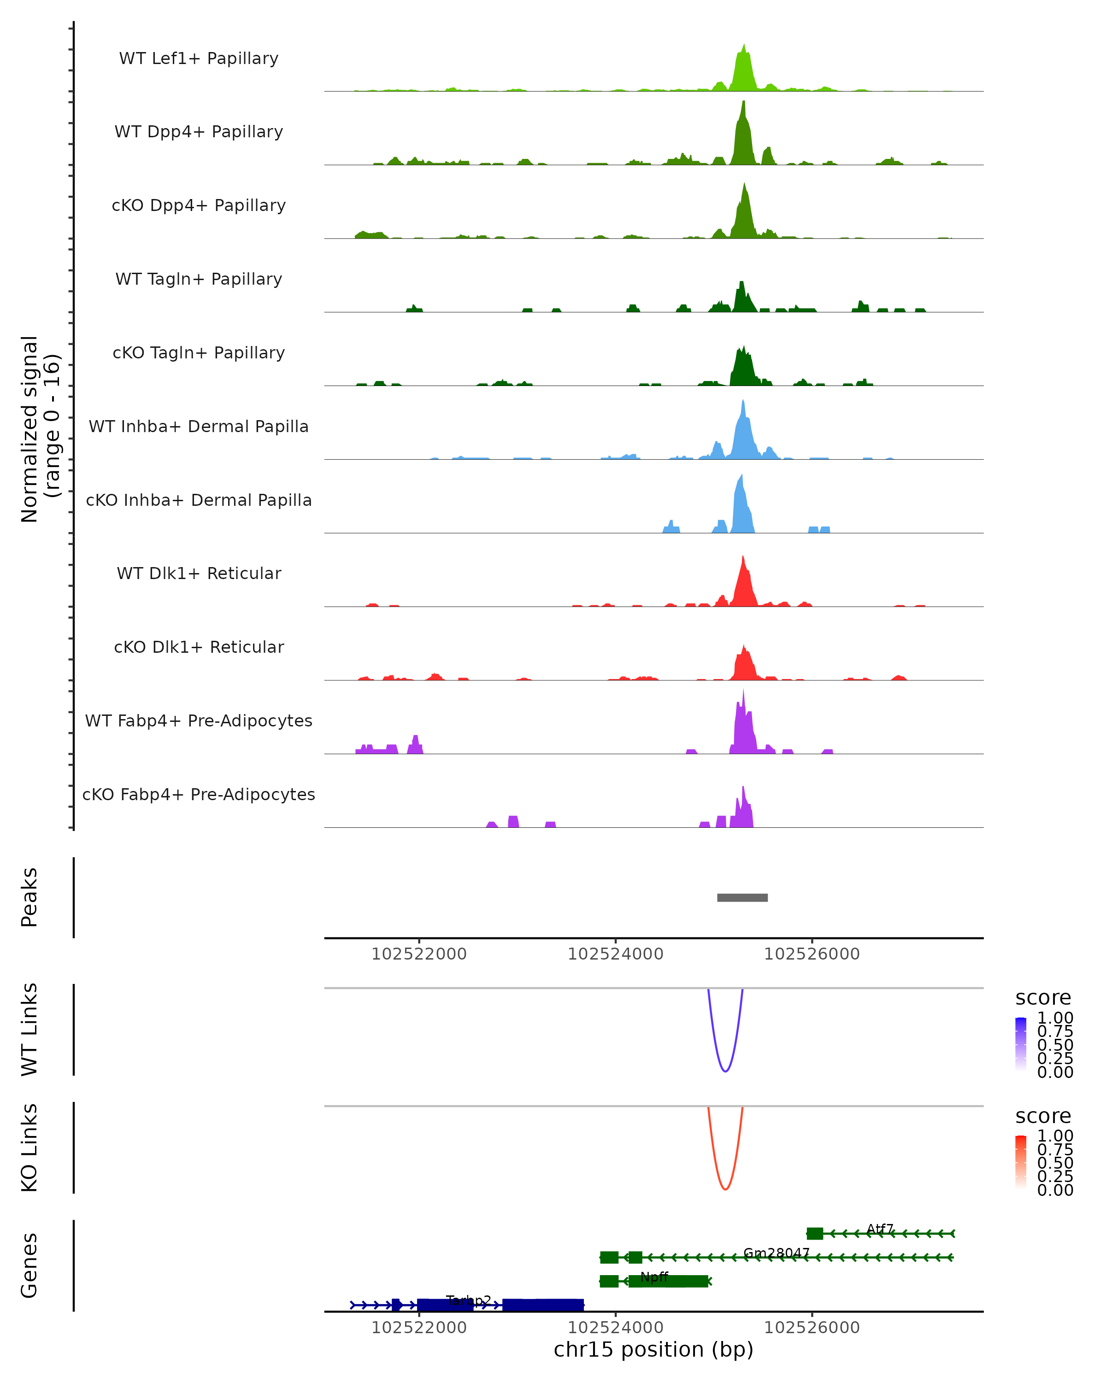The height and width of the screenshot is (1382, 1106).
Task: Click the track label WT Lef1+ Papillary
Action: pyautogui.click(x=199, y=59)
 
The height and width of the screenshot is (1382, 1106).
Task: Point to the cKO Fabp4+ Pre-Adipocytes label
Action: pyautogui.click(x=199, y=794)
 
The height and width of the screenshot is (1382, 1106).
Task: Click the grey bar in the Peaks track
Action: pyautogui.click(x=742, y=897)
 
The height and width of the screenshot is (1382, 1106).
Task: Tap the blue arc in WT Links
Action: pyautogui.click(x=725, y=1071)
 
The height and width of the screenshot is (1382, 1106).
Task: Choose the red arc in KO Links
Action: pyautogui.click(x=725, y=1189)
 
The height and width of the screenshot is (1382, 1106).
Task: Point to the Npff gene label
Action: pyautogui.click(x=654, y=1277)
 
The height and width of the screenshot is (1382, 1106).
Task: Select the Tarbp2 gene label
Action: pyautogui.click(x=469, y=1300)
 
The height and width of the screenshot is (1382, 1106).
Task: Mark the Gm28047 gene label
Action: pyautogui.click(x=777, y=1253)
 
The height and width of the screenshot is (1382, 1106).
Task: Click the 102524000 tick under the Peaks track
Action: pyautogui.click(x=616, y=954)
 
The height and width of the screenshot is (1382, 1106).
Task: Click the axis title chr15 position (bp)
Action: pyautogui.click(x=653, y=1350)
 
